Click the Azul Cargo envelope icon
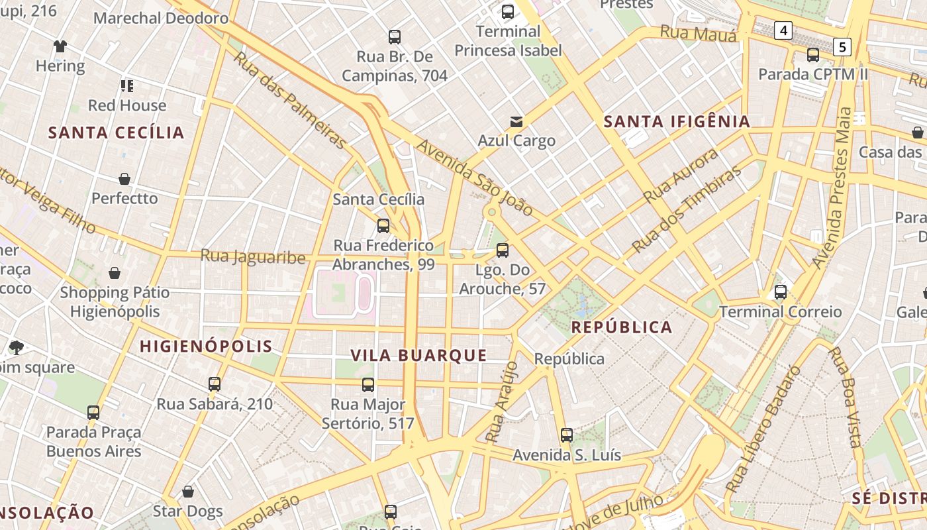click(516, 121)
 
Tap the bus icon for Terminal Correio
click(781, 292)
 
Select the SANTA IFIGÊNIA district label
click(677, 121)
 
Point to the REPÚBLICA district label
click(622, 327)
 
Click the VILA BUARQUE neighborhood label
click(418, 355)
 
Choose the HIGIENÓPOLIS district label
click(206, 346)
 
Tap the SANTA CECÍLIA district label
click(117, 132)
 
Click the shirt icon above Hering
click(60, 46)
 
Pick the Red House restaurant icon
click(126, 85)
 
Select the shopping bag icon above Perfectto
click(124, 179)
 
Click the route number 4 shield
click(784, 30)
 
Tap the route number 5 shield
click(842, 46)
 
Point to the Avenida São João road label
click(475, 178)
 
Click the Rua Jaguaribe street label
click(253, 256)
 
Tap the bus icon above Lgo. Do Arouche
click(503, 250)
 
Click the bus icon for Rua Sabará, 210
click(215, 384)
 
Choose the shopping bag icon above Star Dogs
click(188, 492)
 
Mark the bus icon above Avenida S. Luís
click(567, 435)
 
